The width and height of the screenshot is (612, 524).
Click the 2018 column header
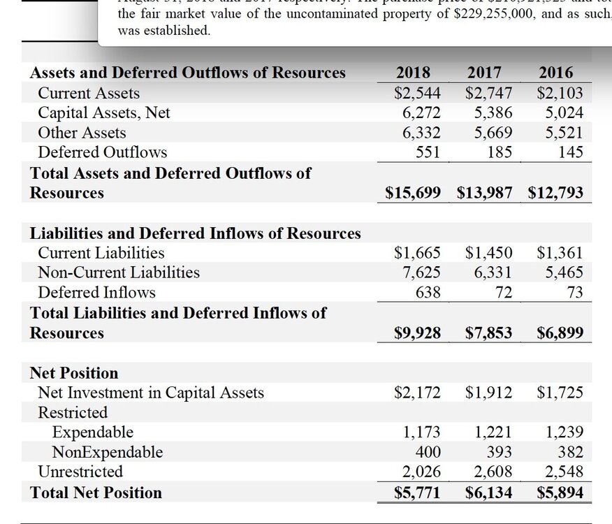413,73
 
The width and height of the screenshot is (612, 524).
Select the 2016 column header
556,73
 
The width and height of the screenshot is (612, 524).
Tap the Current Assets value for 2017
488,93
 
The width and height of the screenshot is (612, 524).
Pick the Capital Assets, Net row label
103,112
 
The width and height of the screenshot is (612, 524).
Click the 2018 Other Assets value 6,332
421,133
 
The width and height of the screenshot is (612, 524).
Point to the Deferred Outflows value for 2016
571,152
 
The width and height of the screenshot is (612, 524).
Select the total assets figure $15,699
413,193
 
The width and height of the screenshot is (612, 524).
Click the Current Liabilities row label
101,253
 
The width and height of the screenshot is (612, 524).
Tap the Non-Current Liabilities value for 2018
421,272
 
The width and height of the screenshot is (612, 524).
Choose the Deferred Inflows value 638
428,292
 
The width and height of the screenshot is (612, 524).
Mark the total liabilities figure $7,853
488,333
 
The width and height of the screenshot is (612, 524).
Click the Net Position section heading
74,373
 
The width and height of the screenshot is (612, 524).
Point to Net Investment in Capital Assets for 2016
560,393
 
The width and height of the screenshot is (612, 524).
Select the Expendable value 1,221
493,432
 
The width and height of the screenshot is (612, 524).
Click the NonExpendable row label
108,452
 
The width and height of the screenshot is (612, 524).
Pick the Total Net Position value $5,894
560,493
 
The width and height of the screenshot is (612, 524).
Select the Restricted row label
73,412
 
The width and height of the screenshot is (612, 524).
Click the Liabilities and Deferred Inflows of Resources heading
196,233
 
